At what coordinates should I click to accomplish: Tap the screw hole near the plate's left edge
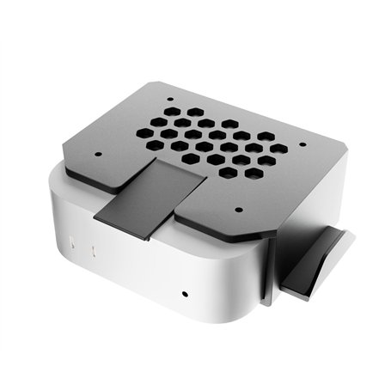click(96, 155)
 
